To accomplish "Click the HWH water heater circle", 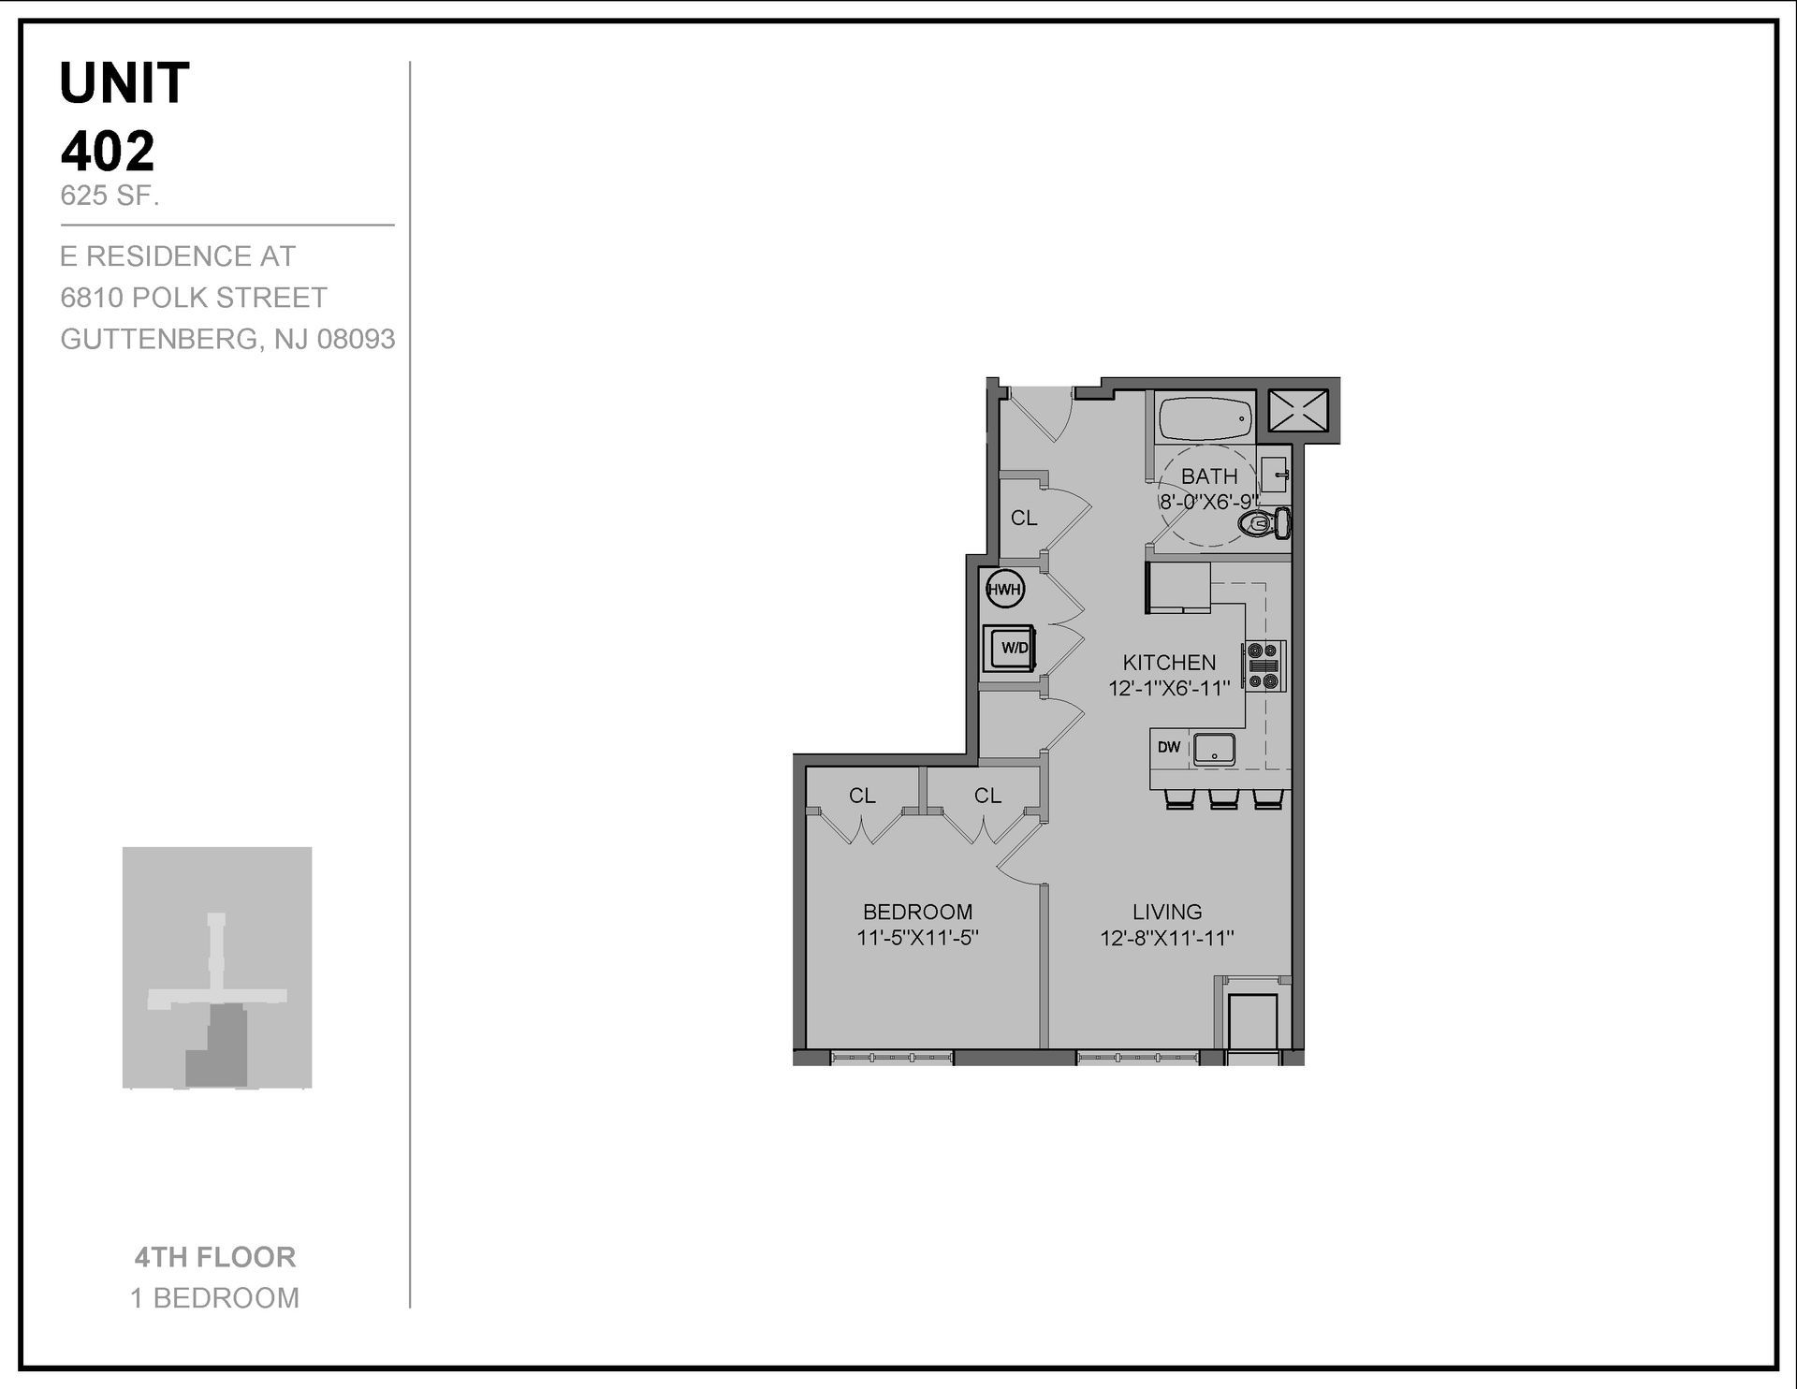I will (x=1005, y=590).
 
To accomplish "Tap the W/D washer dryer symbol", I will (x=1009, y=648).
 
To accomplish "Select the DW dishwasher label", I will (x=1169, y=747).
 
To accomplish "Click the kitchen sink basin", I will (x=1214, y=749).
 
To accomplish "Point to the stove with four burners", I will (x=1264, y=665).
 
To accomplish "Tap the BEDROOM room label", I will (x=917, y=912).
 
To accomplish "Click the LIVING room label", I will (x=1167, y=912).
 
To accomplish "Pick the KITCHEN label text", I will (x=1169, y=663).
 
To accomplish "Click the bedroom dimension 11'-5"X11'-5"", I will (x=917, y=938).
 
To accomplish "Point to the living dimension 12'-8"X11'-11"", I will (x=1167, y=938).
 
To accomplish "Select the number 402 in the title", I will (x=108, y=152).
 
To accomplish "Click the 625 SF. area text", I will (x=110, y=197).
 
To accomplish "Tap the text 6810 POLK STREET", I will (x=194, y=298).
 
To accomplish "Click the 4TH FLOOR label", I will (x=215, y=1257).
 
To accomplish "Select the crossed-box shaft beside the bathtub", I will (x=1297, y=410).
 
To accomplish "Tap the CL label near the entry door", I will (x=1024, y=518).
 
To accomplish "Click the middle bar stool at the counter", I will (x=1223, y=799).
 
